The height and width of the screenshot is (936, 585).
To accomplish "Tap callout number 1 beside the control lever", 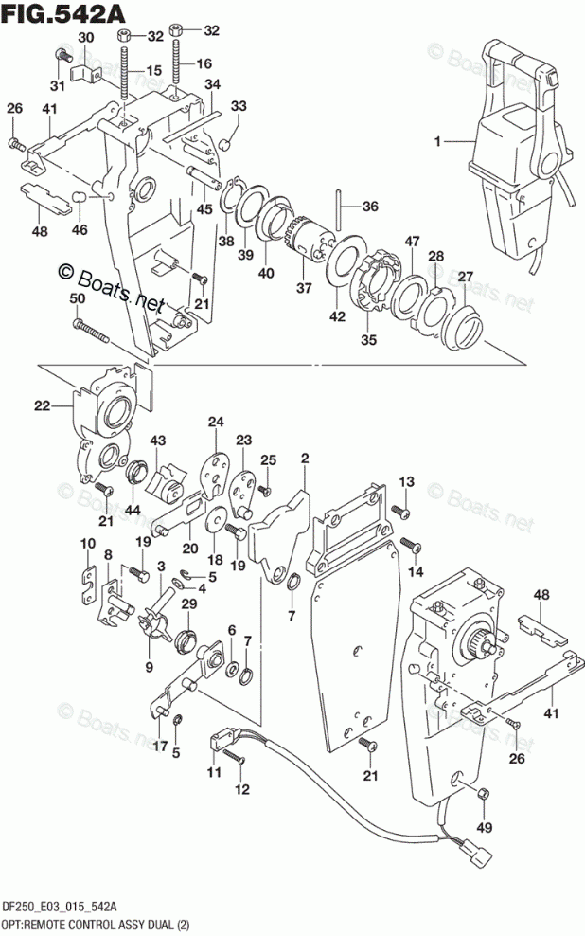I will pyautogui.click(x=438, y=142).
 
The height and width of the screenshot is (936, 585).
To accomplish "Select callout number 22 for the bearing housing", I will pyautogui.click(x=42, y=406).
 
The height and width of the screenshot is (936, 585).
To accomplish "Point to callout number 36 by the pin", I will pyautogui.click(x=369, y=206).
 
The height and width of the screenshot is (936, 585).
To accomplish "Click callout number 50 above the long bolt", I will pyautogui.click(x=80, y=300).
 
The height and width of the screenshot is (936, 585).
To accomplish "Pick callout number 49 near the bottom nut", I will pyautogui.click(x=486, y=826).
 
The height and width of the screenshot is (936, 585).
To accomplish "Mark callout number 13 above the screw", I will pyautogui.click(x=406, y=483).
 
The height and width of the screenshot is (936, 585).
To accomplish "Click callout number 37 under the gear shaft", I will pyautogui.click(x=302, y=288).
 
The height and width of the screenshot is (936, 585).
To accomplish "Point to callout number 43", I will pyautogui.click(x=157, y=441).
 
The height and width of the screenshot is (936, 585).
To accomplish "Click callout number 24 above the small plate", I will pyautogui.click(x=215, y=423).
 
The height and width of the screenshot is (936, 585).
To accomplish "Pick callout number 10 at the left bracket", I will pyautogui.click(x=87, y=544).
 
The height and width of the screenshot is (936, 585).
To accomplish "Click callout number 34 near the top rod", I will pyautogui.click(x=212, y=84).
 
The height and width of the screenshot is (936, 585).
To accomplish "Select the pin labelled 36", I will pyautogui.click(x=338, y=205).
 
